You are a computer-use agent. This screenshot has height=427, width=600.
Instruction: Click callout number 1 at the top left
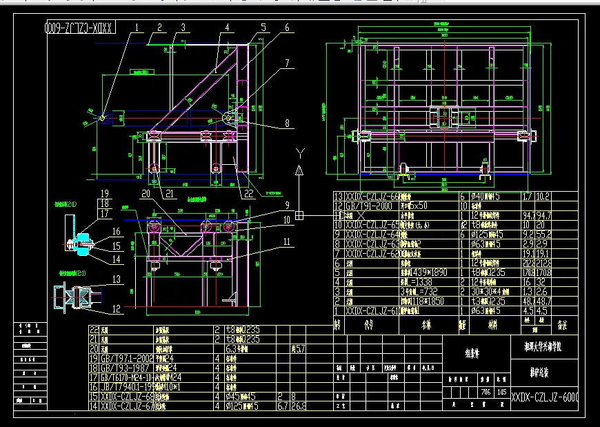(137, 28)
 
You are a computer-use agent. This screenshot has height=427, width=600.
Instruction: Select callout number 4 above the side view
(226, 28)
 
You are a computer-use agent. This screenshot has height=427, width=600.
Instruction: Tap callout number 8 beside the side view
(286, 125)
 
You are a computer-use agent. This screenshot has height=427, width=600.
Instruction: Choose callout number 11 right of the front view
(286, 242)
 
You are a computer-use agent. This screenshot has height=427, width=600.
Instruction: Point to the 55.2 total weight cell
(543, 234)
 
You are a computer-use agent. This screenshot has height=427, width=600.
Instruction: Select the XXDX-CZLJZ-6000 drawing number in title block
(544, 398)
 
